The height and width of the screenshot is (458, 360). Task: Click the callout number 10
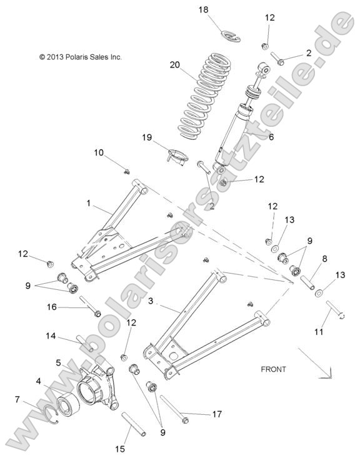click(x=99, y=152)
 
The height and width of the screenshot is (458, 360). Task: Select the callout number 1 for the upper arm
click(x=89, y=203)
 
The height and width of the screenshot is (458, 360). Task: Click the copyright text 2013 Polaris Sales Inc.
click(x=80, y=57)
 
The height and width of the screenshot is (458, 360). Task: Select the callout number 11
click(x=319, y=332)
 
